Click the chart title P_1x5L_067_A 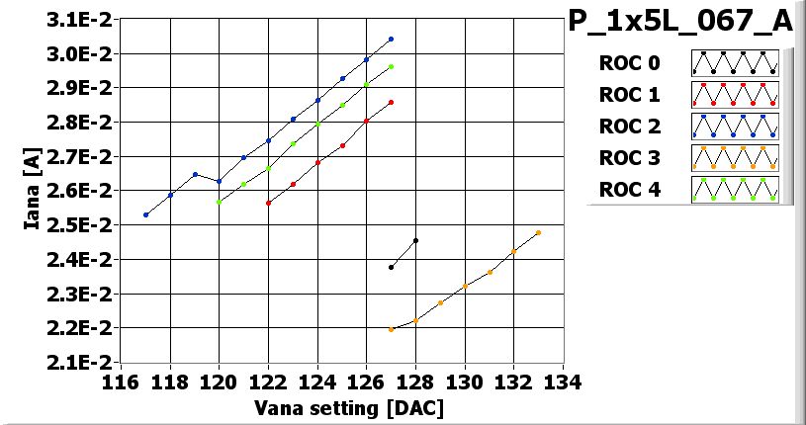tap(680, 22)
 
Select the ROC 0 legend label tap(629, 64)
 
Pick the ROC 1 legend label tap(629, 96)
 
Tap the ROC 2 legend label tap(629, 127)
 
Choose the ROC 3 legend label tap(629, 157)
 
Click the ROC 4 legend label tap(629, 189)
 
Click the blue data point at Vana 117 tap(145, 214)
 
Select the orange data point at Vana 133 tap(538, 233)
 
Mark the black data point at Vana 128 tap(415, 240)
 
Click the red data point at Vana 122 tap(268, 203)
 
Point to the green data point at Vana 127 tap(391, 67)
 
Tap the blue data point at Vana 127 tap(391, 40)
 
